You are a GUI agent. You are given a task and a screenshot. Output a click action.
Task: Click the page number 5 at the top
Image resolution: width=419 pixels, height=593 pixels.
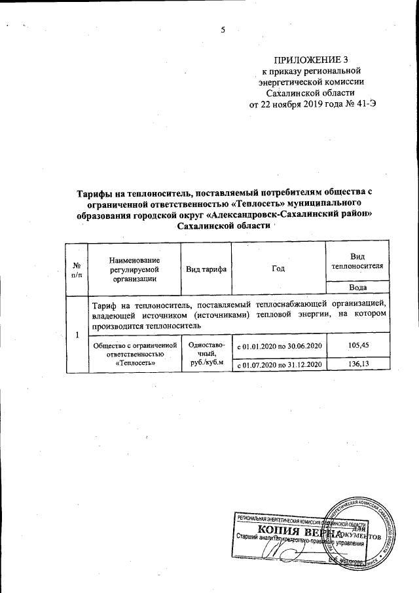point(223,29)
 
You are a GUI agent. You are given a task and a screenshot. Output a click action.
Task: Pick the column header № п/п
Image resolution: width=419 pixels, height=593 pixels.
point(77,269)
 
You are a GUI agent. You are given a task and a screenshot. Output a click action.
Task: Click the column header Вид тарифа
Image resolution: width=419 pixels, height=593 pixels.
point(207,269)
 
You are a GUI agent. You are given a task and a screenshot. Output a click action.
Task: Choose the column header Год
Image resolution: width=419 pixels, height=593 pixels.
point(279,269)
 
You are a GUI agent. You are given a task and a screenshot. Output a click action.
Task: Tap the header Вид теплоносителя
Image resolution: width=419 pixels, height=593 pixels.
point(357,261)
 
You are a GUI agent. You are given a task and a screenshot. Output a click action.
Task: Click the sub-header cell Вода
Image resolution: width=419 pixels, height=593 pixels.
point(357,287)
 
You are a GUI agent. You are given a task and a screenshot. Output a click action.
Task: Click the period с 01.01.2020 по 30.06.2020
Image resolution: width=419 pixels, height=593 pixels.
point(279,345)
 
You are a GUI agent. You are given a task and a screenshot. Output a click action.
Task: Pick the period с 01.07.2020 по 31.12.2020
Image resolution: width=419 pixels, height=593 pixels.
point(279,364)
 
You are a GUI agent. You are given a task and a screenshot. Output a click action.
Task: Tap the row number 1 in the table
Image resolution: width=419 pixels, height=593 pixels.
point(77,335)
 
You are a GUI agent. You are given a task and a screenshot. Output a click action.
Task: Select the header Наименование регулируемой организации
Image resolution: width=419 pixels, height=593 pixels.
point(135,269)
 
